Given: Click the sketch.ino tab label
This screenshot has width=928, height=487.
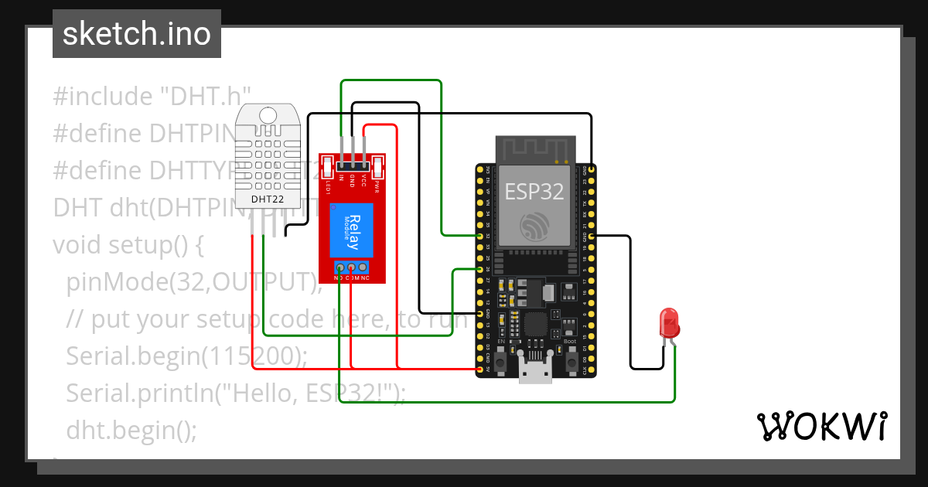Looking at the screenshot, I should tap(136, 34).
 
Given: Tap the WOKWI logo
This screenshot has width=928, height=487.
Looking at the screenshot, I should tap(821, 426).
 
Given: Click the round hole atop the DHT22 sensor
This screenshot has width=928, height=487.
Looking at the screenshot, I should tap(268, 115).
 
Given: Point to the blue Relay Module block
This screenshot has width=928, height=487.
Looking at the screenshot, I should tap(353, 230).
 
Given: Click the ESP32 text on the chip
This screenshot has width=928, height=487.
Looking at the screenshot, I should tap(535, 191).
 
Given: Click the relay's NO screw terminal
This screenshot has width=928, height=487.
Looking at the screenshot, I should tap(339, 267).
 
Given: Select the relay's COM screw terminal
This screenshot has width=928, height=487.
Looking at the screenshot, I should tap(352, 267).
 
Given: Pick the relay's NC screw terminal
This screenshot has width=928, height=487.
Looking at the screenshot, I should tap(364, 267).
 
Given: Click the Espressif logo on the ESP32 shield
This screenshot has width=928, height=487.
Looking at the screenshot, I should tap(535, 226).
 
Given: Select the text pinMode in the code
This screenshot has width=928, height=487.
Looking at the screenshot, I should tap(113, 283).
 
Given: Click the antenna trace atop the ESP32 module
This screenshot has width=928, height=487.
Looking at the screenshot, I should tap(535, 148).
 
